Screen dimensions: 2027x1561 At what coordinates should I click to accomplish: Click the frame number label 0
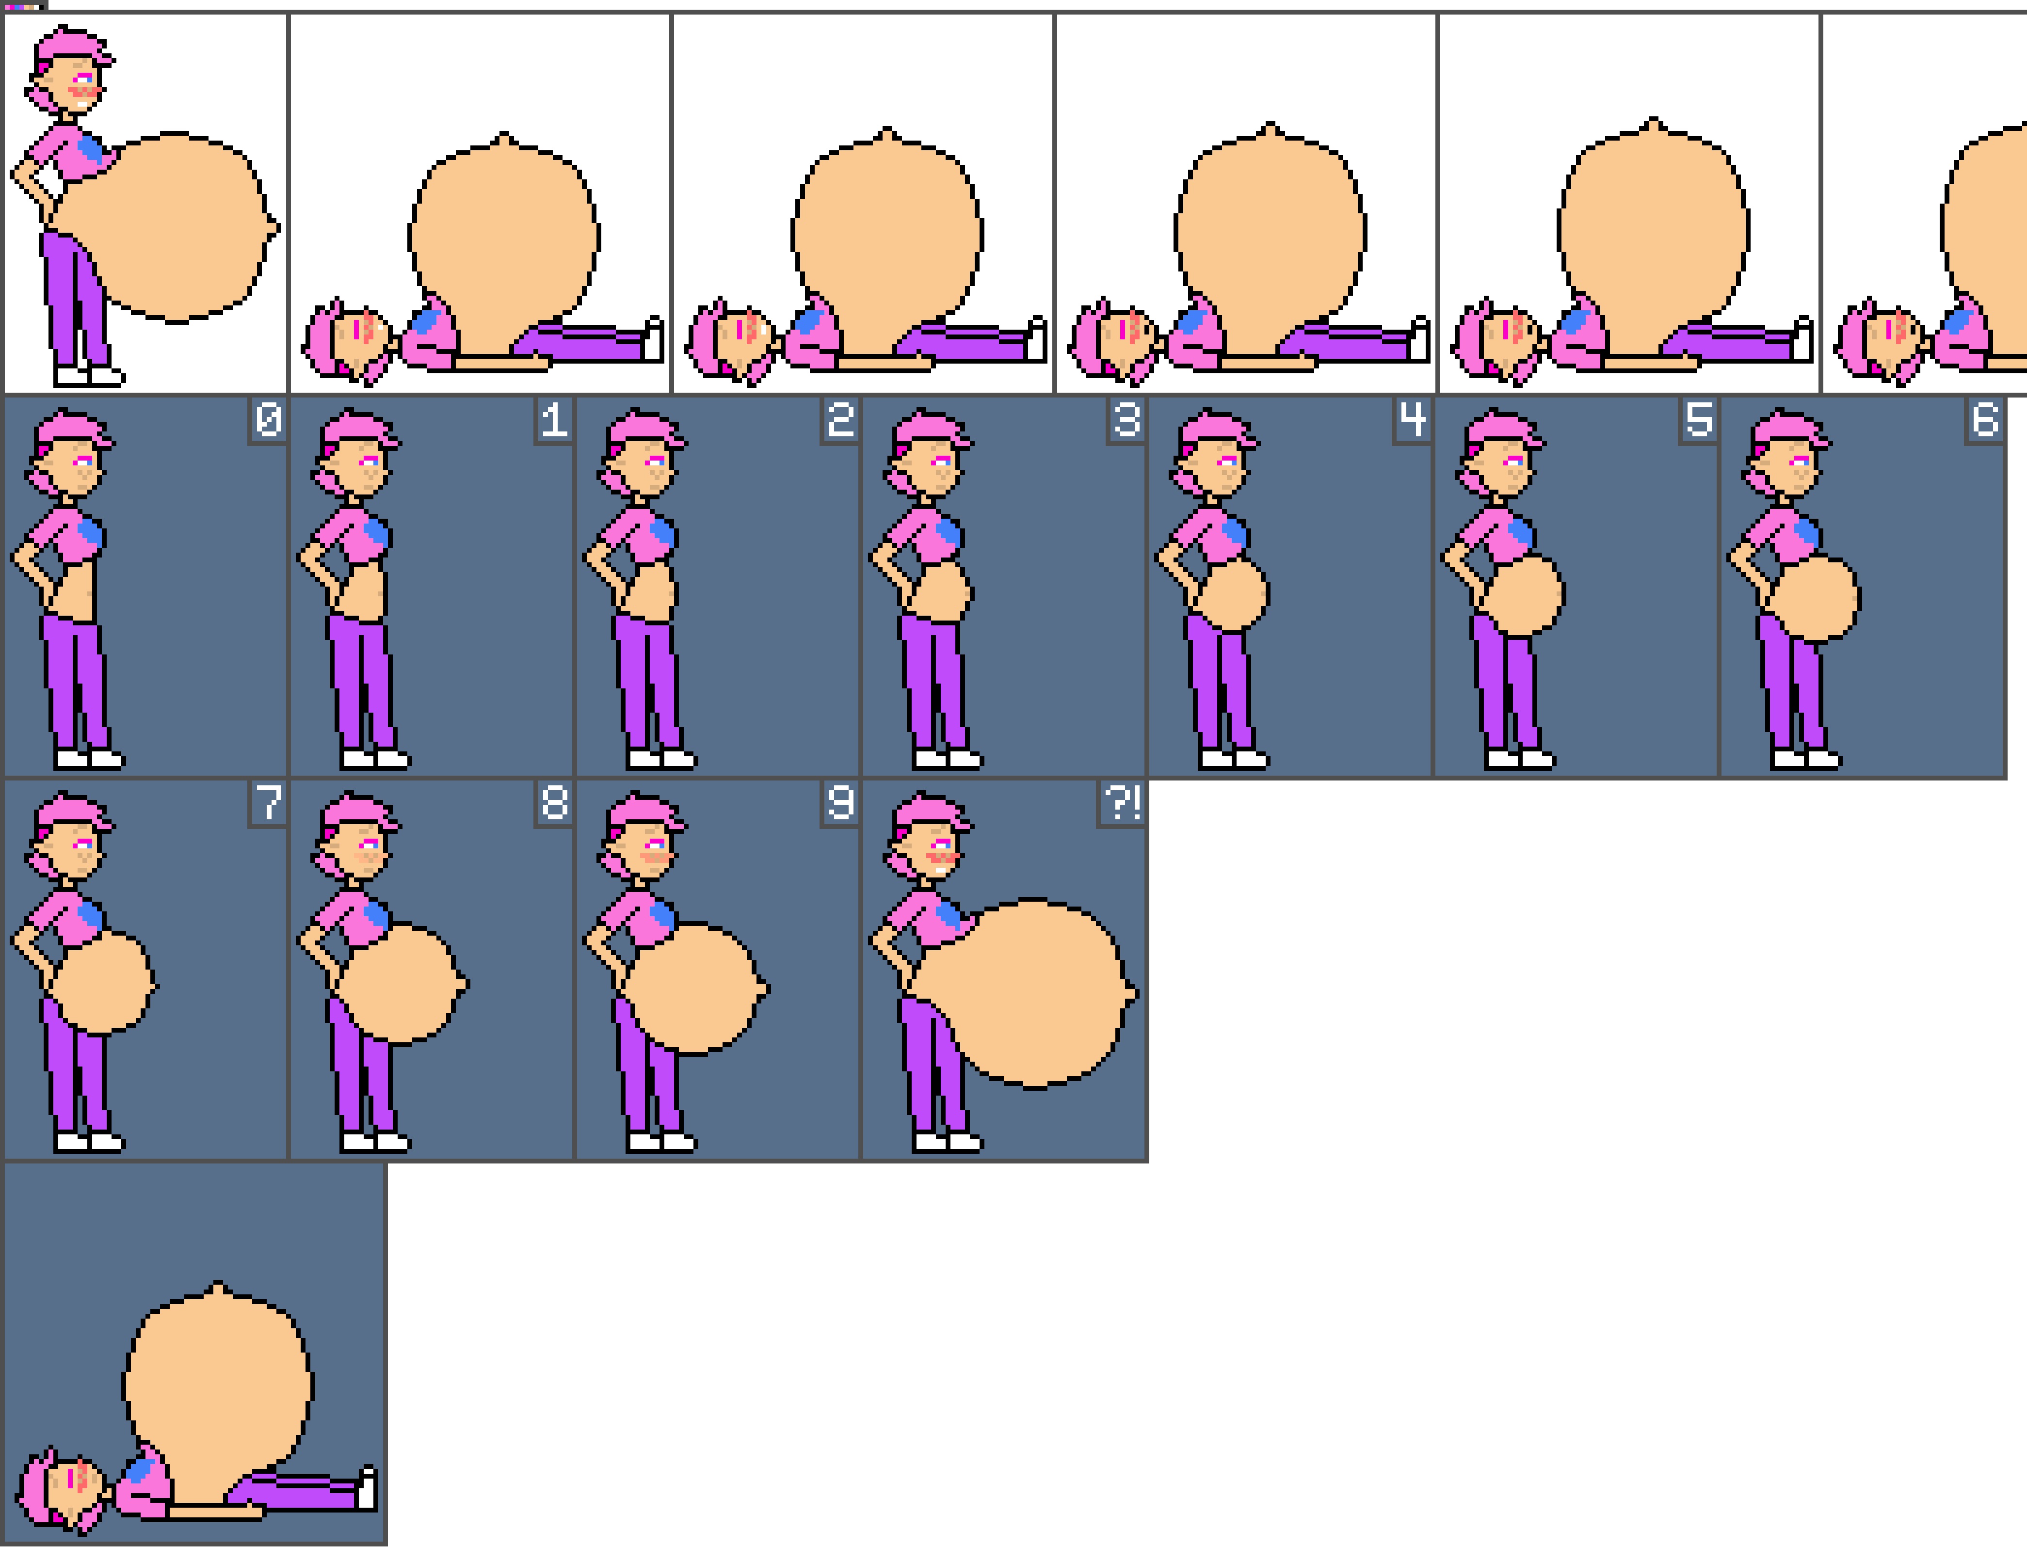pos(268,420)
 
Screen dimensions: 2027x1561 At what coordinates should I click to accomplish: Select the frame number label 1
pos(554,420)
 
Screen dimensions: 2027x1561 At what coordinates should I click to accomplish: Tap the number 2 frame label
pos(840,420)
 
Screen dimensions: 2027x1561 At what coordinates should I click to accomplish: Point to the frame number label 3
pos(1126,420)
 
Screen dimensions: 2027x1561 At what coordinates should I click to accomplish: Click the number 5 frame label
pos(1698,420)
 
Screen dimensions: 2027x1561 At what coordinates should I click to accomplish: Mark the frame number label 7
pos(268,803)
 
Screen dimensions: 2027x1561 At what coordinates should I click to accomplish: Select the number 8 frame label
pos(554,803)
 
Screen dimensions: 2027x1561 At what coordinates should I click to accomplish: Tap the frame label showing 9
pos(840,803)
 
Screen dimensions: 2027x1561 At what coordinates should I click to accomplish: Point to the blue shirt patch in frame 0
pos(90,534)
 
